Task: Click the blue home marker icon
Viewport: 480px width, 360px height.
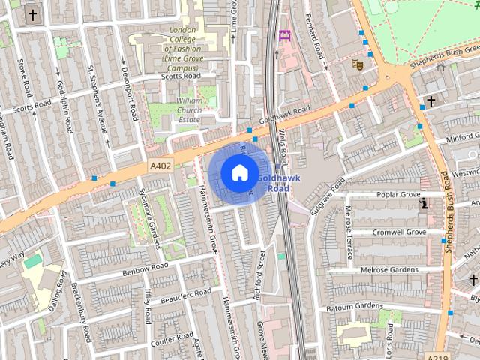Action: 238,172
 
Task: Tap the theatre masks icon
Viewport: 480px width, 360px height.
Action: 358,65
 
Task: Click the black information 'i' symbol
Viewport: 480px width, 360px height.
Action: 424,202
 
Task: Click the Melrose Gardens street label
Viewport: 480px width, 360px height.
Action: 389,269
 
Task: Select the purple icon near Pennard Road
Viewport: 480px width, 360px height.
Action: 284,35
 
